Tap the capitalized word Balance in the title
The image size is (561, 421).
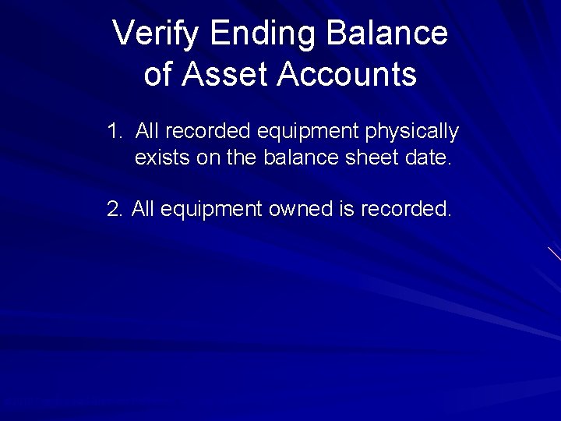coord(387,34)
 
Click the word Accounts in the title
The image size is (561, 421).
coord(347,75)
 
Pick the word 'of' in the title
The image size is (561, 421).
coord(157,75)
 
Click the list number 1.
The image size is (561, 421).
coord(115,131)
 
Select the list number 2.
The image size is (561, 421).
coord(115,209)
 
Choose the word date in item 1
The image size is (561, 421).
coord(426,158)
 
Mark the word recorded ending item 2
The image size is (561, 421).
coord(405,209)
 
